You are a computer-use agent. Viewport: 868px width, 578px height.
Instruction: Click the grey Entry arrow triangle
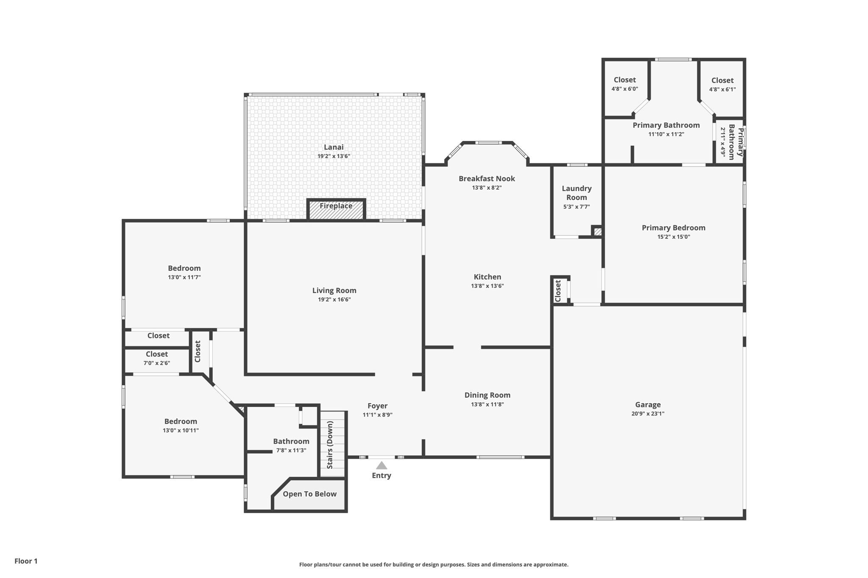381,465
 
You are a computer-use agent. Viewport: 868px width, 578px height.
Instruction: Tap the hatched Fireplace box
336,210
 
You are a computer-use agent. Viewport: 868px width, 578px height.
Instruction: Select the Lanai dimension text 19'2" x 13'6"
334,156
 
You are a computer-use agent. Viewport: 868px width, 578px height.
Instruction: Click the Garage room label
648,404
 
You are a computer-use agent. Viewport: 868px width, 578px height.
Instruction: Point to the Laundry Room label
576,193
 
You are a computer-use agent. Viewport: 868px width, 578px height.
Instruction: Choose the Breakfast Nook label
487,179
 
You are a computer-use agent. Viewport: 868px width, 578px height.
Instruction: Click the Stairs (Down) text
330,444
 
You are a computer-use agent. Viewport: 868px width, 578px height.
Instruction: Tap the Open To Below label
309,494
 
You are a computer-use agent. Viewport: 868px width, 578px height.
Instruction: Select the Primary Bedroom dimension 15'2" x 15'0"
673,237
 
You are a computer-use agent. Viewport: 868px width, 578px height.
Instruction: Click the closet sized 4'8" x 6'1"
722,84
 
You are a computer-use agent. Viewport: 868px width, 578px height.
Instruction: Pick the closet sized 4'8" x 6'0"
624,84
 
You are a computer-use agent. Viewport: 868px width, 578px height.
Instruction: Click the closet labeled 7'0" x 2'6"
156,358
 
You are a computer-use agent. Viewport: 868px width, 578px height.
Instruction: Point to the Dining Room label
487,395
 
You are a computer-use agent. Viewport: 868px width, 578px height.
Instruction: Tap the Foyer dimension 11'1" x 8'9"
377,415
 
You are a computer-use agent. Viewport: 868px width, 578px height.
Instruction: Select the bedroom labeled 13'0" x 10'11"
181,425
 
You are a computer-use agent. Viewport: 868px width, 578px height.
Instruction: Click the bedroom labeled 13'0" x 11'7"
184,272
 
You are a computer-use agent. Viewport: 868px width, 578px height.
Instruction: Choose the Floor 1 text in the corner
26,561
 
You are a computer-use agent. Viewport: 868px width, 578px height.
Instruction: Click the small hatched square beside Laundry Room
598,232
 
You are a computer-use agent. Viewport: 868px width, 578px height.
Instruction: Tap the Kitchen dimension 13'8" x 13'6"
487,286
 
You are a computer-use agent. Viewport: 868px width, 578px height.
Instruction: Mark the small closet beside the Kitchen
558,290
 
